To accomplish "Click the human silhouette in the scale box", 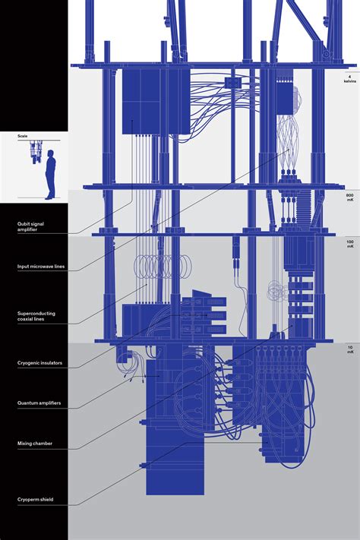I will click(49, 174).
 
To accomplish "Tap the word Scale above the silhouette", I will click(22, 137).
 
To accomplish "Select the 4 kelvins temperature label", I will click(349, 79).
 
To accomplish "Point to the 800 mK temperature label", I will click(349, 198).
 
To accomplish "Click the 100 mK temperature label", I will click(349, 244).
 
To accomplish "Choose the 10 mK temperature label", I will click(349, 350).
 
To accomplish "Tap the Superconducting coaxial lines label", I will click(36, 316).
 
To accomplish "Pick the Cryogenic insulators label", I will click(39, 364).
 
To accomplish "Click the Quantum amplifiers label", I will click(39, 403).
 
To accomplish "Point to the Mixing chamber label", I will click(35, 443).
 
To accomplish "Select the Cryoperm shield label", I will click(35, 500).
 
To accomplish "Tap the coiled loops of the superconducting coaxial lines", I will click(156, 266).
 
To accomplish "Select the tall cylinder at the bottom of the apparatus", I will click(175, 456).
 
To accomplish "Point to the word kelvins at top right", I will click(349, 82).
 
